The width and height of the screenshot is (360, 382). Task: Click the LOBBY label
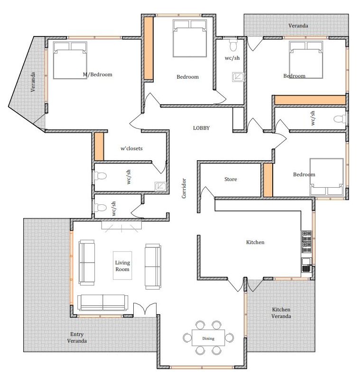coord(201,128)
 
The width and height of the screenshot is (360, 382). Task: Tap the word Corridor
coord(184,188)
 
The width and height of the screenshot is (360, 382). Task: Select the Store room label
coord(231,179)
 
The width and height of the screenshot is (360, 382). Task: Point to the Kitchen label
coord(255,242)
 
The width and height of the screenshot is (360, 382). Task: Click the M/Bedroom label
coord(98,74)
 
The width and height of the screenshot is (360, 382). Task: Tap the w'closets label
coord(131,148)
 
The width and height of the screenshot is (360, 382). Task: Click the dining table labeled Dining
coord(208,337)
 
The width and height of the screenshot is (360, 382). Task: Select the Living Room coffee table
coord(122,265)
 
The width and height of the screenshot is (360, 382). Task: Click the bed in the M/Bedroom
coord(70,60)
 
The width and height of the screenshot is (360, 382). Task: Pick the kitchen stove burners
coord(306,241)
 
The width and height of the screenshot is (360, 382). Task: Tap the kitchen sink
coord(306,265)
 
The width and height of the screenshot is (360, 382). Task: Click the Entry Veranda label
coord(77,337)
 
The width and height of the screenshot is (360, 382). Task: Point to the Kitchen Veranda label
coord(281,313)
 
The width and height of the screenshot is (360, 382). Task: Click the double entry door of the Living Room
coord(145,309)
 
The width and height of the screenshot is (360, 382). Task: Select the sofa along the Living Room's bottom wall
coord(102,302)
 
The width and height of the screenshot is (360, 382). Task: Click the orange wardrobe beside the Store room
coord(268,180)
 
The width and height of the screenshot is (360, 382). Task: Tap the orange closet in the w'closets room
coord(99,146)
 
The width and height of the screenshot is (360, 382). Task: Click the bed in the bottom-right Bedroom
coord(327,177)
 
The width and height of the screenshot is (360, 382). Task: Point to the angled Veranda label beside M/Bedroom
coord(33,82)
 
